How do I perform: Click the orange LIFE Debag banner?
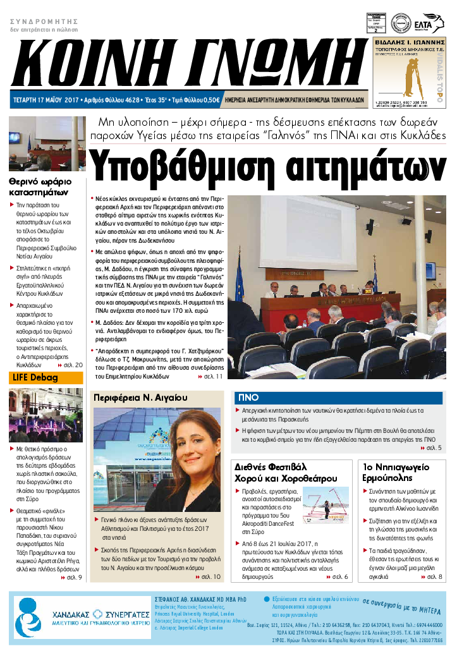pyautogui.click(x=46, y=378)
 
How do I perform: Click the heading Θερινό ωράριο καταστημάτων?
pyautogui.click(x=40, y=186)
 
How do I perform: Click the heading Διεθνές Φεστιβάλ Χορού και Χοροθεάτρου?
pyautogui.click(x=285, y=471)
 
